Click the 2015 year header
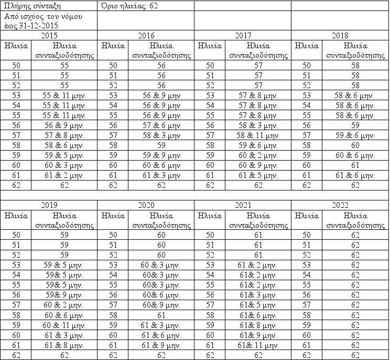point(49,35)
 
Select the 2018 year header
point(341,35)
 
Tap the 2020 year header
point(146,205)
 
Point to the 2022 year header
point(341,205)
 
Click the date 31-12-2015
point(39,25)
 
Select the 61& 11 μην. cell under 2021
point(258,345)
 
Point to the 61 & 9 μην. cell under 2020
point(161,345)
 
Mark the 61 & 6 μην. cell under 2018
point(355,175)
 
